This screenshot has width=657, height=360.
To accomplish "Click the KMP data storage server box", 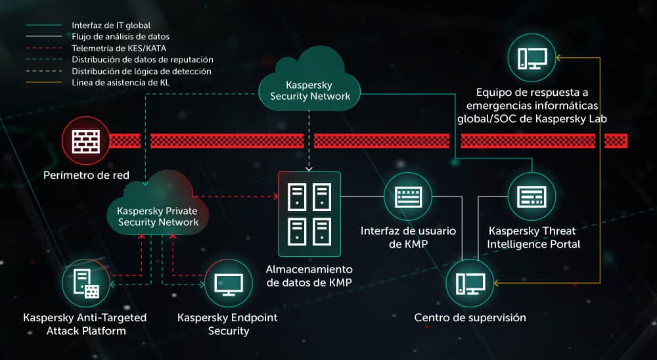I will pyautogui.click(x=309, y=214).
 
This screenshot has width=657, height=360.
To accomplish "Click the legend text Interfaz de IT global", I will pyautogui.click(x=111, y=25).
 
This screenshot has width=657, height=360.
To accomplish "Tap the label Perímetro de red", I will pyautogui.click(x=86, y=175).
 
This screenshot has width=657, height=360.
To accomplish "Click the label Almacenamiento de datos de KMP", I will pyautogui.click(x=309, y=276).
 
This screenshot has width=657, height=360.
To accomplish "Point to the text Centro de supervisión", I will pyautogui.click(x=470, y=318).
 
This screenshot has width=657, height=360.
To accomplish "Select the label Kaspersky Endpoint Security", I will pyautogui.click(x=227, y=324).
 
